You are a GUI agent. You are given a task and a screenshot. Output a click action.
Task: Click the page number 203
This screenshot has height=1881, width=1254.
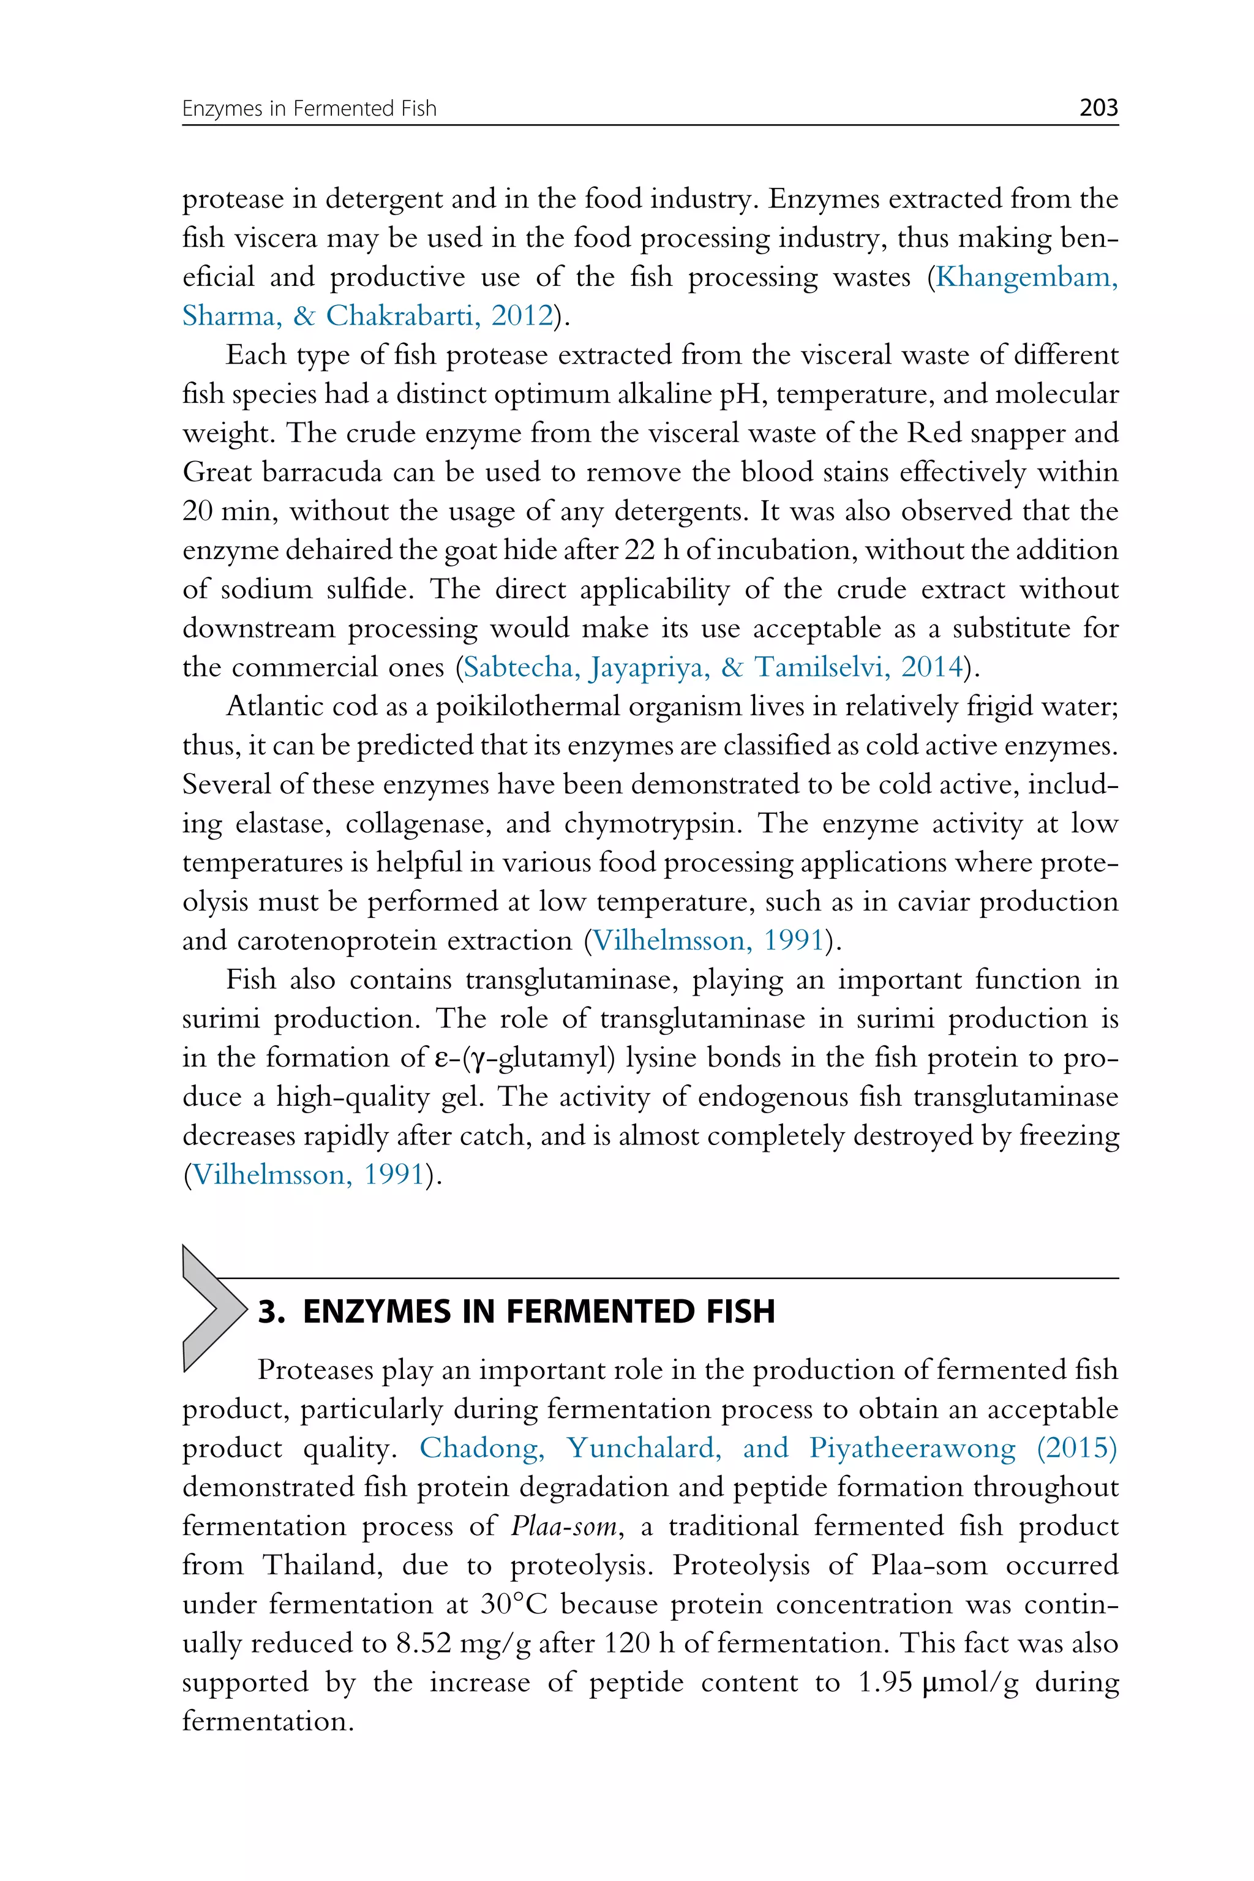click(1098, 107)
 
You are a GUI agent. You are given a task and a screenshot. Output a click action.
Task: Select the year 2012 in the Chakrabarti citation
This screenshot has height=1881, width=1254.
click(522, 316)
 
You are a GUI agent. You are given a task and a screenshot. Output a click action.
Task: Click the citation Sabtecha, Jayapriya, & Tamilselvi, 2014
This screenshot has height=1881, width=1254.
click(713, 667)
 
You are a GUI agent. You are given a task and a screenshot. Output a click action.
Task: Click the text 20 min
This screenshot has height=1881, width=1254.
click(230, 511)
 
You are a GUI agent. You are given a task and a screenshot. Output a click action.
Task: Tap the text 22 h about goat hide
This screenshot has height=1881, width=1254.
click(648, 550)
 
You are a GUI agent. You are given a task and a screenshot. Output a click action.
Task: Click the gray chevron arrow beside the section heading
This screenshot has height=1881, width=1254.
click(209, 1309)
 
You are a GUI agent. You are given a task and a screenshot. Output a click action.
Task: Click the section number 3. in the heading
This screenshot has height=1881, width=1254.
click(272, 1312)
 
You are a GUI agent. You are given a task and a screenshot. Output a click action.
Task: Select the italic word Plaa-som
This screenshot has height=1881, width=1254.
click(564, 1526)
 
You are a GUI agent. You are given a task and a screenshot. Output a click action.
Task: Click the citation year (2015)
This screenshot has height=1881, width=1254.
click(1076, 1447)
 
